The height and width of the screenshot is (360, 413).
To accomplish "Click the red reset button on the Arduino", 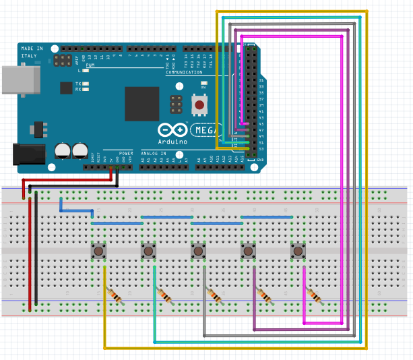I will [199, 104].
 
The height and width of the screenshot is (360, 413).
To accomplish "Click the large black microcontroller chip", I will [141, 103].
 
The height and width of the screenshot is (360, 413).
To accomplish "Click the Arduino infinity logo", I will [171, 130].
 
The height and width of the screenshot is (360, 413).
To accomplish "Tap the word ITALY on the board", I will [30, 56].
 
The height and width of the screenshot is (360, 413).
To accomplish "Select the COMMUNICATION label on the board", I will [188, 71].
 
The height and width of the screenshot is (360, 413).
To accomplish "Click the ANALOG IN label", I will [154, 154].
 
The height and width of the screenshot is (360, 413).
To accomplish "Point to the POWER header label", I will [126, 154].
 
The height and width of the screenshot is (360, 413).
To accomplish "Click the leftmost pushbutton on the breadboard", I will [99, 251].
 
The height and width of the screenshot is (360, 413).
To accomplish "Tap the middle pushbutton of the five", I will [198, 251].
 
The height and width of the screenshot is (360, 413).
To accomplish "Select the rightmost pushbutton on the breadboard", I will [298, 251].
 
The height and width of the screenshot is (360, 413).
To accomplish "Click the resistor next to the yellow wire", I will [115, 295].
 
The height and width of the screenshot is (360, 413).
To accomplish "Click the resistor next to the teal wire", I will [165, 295].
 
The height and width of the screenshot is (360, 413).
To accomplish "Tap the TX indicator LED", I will [86, 83].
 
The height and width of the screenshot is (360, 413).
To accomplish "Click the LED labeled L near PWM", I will [86, 70].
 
